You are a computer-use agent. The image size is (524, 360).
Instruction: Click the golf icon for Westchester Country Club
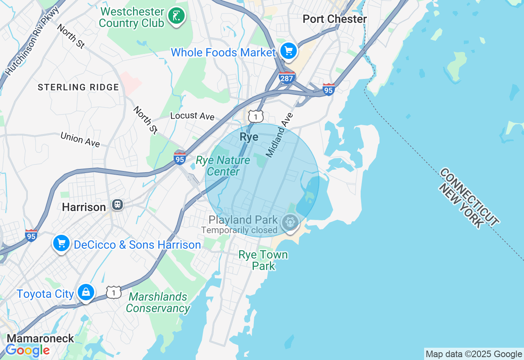point(176,16)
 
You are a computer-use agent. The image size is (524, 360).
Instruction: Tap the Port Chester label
point(334,19)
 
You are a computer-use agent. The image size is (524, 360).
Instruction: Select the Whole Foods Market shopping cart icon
point(289,51)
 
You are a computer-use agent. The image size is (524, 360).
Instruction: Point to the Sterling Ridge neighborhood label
point(78,87)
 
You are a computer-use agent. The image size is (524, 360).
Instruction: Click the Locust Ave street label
point(192,116)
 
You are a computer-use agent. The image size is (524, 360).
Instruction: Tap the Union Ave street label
point(80,139)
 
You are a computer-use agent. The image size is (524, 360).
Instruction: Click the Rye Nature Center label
point(223,166)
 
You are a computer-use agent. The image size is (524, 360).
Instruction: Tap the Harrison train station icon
point(117,205)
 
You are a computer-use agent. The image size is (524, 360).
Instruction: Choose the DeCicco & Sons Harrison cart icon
point(61,243)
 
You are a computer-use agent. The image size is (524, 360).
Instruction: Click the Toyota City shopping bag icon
point(86,292)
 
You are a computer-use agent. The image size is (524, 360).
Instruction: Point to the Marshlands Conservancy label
point(158,302)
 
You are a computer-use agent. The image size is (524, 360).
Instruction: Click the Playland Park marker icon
point(290,222)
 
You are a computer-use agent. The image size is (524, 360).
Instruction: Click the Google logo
point(27,351)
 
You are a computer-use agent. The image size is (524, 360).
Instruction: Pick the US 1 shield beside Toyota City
point(114,292)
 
